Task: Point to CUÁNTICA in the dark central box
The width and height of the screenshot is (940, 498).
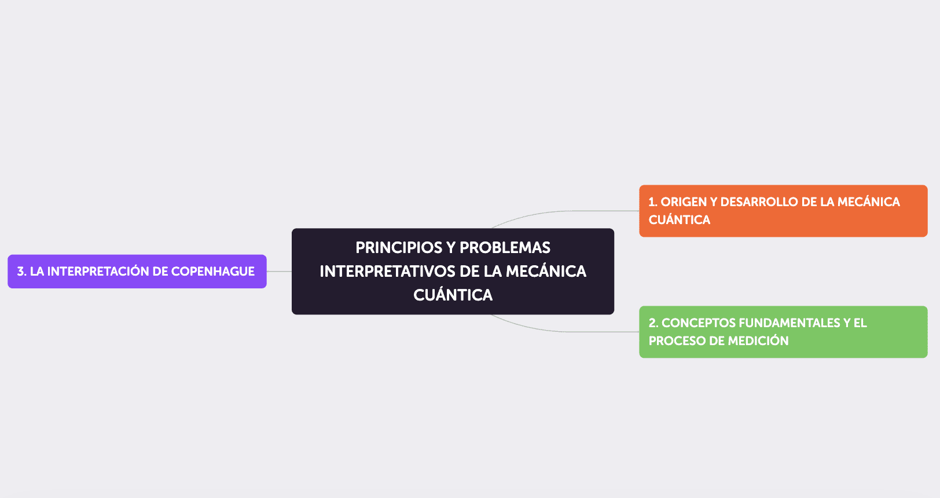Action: coord(453,295)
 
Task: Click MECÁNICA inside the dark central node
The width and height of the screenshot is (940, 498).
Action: coord(546,272)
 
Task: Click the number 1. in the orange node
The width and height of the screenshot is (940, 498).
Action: coord(653,202)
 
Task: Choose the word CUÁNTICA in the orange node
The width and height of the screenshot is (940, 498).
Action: coord(679,220)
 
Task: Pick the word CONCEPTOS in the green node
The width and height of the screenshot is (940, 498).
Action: coord(692,323)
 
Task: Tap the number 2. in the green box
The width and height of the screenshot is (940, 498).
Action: coord(653,323)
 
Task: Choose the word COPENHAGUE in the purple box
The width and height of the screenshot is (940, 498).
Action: coord(212,272)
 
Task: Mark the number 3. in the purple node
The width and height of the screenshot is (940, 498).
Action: coord(22,272)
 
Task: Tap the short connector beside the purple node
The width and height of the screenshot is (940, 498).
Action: coord(279,271)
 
